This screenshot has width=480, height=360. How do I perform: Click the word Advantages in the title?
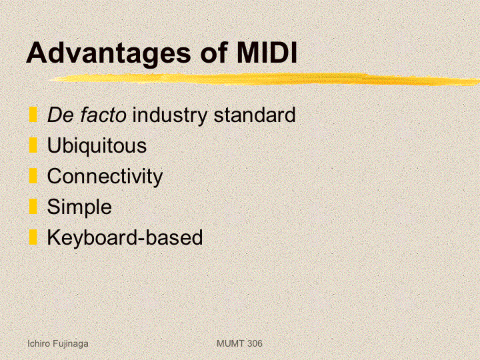109,53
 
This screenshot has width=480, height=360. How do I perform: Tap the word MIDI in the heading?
267,53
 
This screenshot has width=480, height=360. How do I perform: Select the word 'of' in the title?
214,53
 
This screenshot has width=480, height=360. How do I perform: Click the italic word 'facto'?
103,115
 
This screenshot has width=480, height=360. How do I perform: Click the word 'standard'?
255,115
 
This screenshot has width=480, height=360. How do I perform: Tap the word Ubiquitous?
97,146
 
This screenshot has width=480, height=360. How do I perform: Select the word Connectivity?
105,177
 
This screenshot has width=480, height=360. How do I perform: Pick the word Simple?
79,207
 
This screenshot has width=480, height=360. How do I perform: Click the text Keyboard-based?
125,237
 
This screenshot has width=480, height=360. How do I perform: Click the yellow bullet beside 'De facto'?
33,115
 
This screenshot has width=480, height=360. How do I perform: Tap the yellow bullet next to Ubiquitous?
33,145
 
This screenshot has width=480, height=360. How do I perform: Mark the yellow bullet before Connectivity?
33,176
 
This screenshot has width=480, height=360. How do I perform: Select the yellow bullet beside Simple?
33,206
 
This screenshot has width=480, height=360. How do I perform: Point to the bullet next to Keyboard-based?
33,237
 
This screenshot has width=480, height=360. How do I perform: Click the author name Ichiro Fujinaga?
58,344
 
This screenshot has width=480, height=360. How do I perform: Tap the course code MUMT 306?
239,343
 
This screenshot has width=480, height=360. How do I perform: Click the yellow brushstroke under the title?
265,79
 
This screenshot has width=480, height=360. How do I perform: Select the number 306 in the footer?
255,343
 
